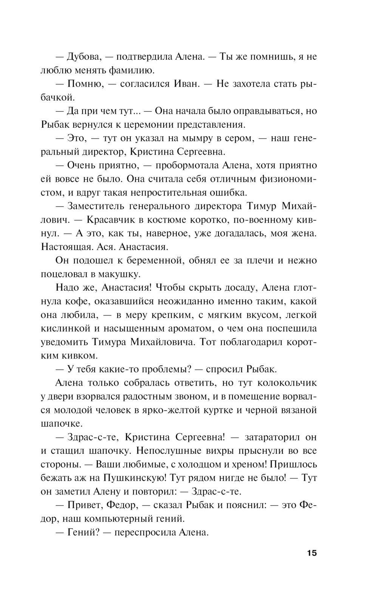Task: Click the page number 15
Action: coord(312,553)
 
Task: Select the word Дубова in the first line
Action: coord(83,57)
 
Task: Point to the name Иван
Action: coord(187,84)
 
